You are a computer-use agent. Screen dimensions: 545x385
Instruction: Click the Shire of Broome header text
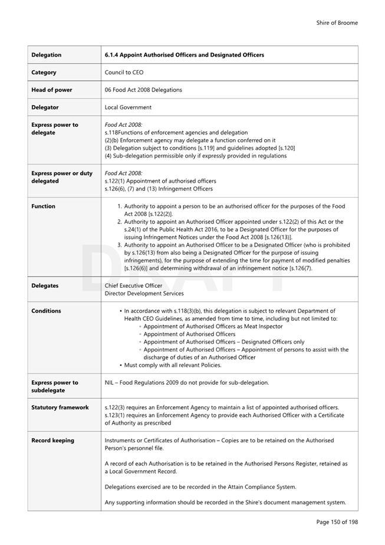pyautogui.click(x=337, y=23)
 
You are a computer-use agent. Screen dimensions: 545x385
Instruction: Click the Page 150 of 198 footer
pyautogui.click(x=337, y=522)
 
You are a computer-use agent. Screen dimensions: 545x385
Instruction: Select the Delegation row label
pyautogui.click(x=46, y=55)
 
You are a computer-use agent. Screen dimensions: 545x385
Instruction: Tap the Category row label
pyautogui.click(x=44, y=73)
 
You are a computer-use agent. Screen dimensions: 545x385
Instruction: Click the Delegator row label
pyautogui.click(x=45, y=107)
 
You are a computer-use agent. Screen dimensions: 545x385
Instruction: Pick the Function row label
pyautogui.click(x=43, y=206)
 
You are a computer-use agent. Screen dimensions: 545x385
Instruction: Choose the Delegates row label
pyautogui.click(x=45, y=285)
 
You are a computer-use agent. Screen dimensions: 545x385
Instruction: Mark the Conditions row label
pyautogui.click(x=46, y=311)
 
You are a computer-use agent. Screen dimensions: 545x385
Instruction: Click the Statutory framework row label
pyautogui.click(x=60, y=408)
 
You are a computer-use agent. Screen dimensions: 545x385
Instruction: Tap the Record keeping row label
pyautogui.click(x=52, y=441)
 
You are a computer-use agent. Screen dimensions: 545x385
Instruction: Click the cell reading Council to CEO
pyautogui.click(x=124, y=73)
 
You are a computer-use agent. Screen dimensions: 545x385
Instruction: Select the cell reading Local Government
pyautogui.click(x=128, y=107)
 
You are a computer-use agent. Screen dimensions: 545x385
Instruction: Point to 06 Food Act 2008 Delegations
pyautogui.click(x=143, y=90)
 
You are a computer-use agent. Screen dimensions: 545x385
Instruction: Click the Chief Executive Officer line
pyautogui.click(x=133, y=285)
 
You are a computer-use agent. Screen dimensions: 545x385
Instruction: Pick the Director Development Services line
pyautogui.click(x=144, y=293)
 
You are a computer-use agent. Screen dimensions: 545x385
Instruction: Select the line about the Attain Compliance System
pyautogui.click(x=200, y=487)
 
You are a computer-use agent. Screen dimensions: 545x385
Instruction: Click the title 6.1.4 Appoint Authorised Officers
pyautogui.click(x=184, y=55)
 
